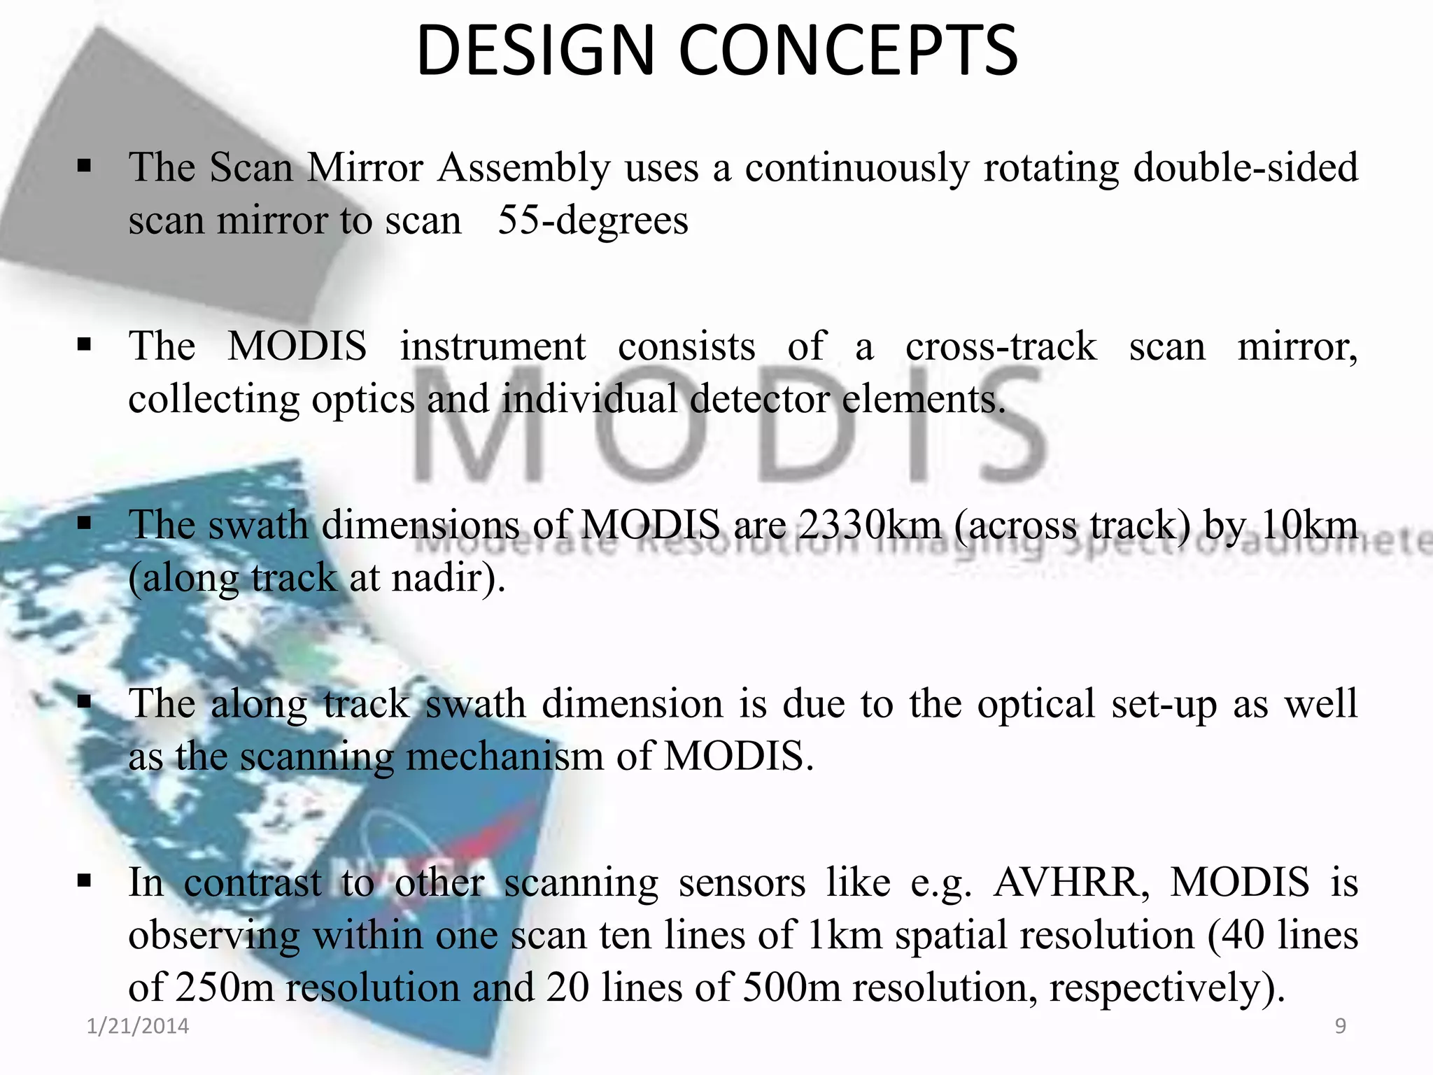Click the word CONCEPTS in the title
848,50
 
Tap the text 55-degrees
593,220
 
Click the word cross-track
1001,346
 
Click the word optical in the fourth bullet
1036,705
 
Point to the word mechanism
504,757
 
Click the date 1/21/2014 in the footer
138,1026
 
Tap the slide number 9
1341,1026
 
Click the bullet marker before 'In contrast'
85,881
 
